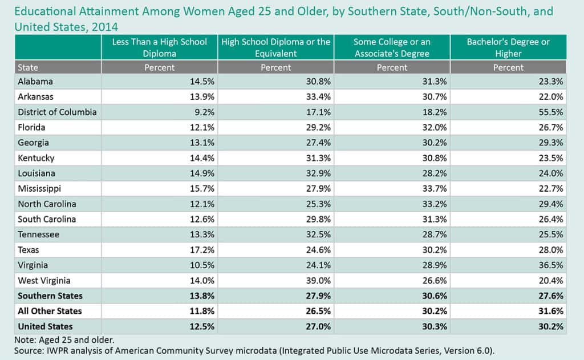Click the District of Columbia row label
click(57, 112)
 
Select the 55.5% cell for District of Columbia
click(551, 112)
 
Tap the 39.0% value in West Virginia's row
click(319, 280)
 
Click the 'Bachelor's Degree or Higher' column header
click(508, 47)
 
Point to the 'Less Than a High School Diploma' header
click(159, 47)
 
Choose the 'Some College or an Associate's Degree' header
click(392, 47)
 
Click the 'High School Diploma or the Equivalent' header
click(275, 47)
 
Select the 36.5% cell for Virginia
click(551, 265)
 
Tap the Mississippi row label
click(39, 188)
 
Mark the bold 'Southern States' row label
click(50, 296)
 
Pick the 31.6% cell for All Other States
click(551, 311)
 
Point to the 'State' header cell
click(28, 67)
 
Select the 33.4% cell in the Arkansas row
click(319, 96)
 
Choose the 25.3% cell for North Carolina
click(319, 204)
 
